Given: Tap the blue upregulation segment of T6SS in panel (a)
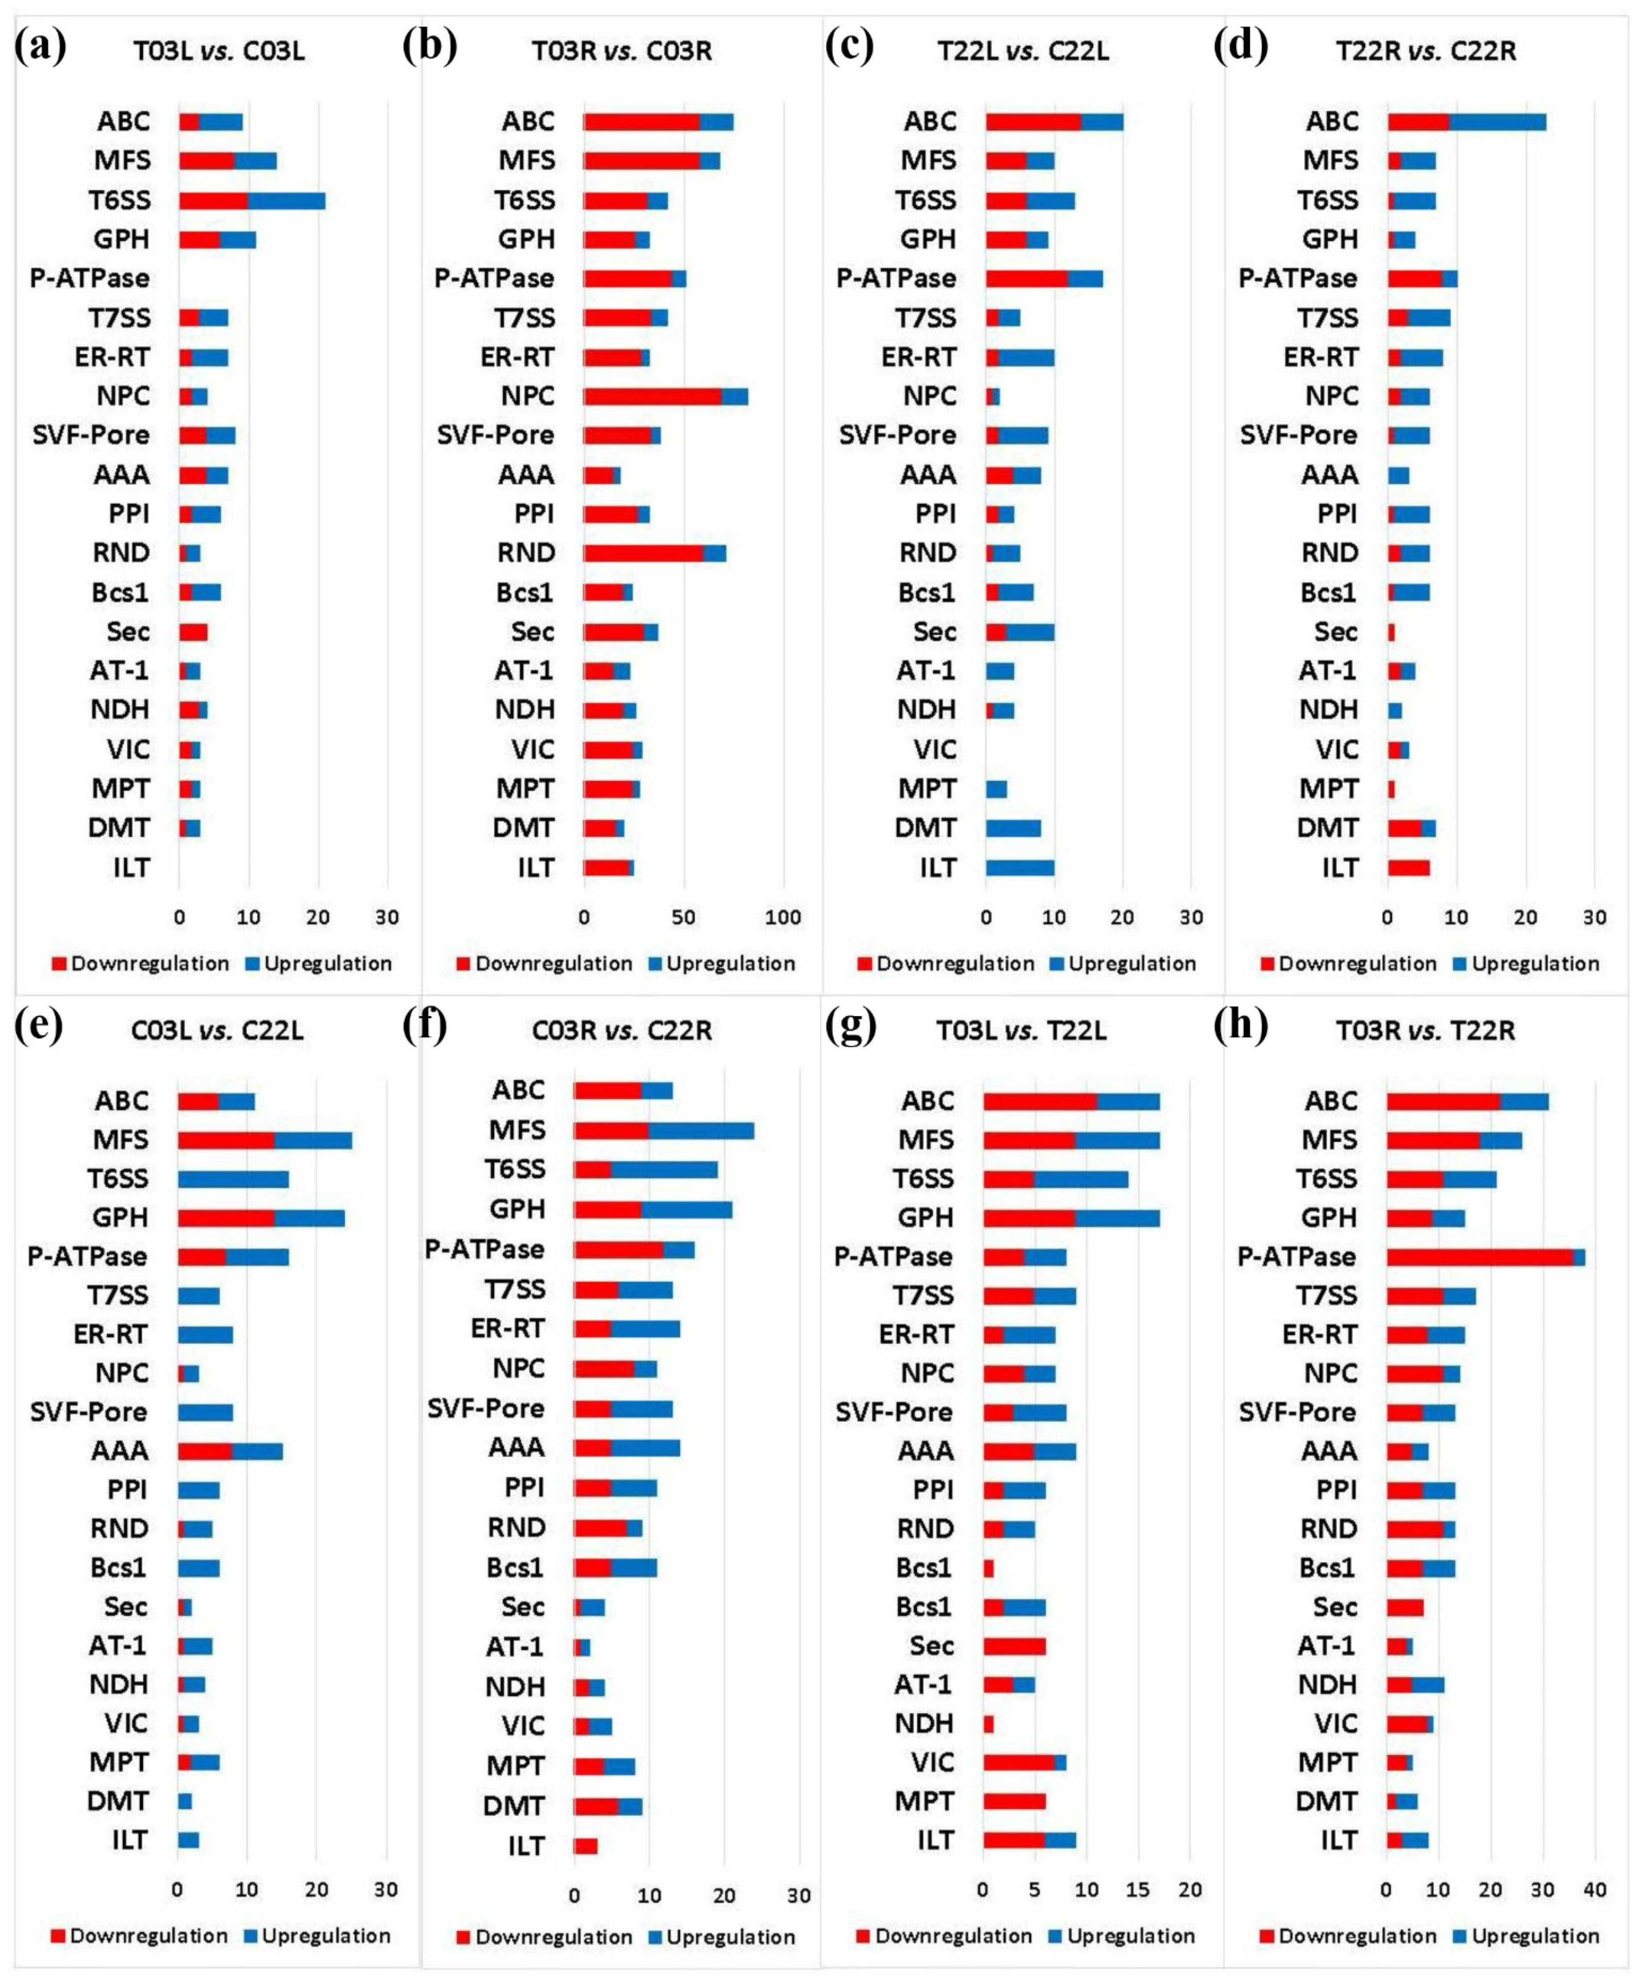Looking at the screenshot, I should tap(286, 200).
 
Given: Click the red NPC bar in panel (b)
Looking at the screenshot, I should tap(652, 397).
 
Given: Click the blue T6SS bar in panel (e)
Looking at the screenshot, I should tap(234, 1179).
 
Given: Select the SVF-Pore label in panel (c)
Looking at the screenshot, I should tap(897, 435).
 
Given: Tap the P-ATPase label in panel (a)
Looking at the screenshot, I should tap(90, 279).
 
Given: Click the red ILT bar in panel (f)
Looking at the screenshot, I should tap(586, 1846).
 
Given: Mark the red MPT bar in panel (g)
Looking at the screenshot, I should tap(1013, 1801).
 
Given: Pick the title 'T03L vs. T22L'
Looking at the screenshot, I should tap(1021, 1030).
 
